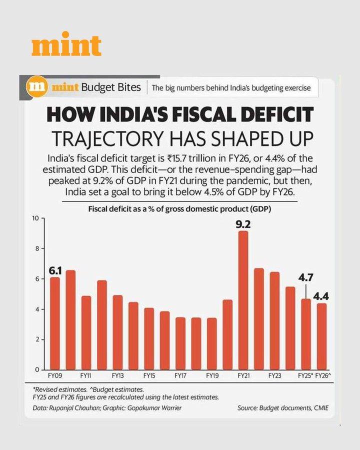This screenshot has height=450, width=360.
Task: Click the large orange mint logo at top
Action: (66, 46)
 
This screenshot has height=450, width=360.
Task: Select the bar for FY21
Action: (243, 300)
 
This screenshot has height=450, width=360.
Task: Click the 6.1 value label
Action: (55, 270)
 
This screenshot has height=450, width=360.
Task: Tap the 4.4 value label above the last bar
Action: (320, 296)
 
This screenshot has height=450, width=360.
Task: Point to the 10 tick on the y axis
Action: (35, 218)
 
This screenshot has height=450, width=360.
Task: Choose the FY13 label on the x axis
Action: (118, 375)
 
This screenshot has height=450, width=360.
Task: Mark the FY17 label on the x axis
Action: (180, 375)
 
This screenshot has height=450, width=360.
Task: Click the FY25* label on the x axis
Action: (305, 375)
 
